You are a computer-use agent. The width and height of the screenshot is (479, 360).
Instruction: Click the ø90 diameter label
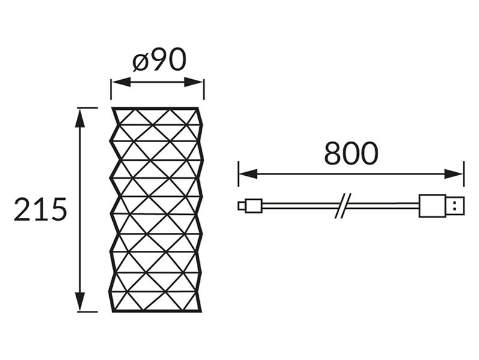pos(159,59)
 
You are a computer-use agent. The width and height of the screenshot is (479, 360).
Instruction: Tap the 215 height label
pos(40,209)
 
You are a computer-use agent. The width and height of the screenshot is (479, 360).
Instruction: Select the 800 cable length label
pos(351,153)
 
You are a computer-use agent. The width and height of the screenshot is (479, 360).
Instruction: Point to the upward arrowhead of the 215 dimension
pos(80,118)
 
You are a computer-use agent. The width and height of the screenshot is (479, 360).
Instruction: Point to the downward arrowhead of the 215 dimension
pos(80,302)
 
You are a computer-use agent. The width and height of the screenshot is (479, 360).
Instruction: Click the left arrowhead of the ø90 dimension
pos(121,82)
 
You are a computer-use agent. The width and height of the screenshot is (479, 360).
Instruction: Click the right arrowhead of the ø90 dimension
pos(194,82)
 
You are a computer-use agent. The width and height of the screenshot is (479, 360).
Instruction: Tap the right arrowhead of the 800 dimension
pos(454,175)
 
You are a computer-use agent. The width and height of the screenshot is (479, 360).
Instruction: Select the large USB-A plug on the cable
pos(442,205)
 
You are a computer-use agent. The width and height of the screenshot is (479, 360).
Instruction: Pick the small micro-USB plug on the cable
pos(250,205)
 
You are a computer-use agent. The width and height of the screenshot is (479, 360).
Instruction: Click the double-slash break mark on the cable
pos(343,205)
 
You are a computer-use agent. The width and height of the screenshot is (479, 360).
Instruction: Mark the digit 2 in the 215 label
pos(22,209)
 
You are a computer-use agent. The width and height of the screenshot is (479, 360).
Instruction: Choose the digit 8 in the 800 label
pos(333,153)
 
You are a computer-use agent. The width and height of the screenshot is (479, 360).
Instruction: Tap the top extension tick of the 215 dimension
pos(88,108)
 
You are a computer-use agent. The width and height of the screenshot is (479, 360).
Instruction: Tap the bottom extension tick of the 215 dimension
pos(88,312)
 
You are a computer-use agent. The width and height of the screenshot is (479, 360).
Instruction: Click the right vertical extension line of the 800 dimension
pos(464,174)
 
